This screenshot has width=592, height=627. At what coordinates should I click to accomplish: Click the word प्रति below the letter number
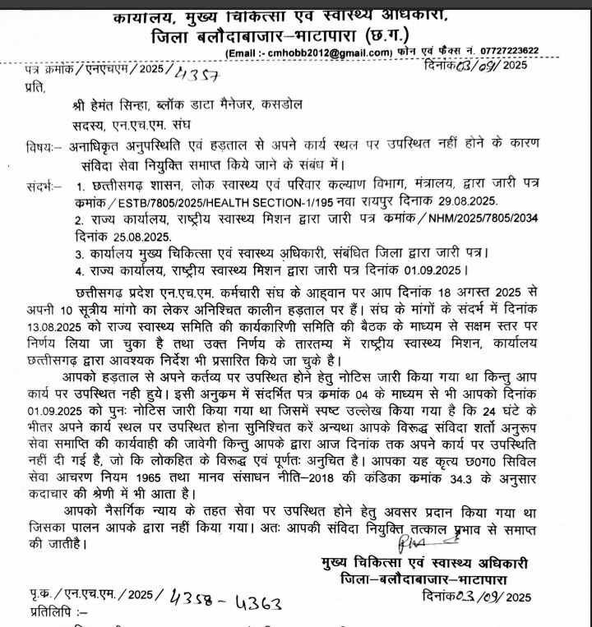pyautogui.click(x=35, y=85)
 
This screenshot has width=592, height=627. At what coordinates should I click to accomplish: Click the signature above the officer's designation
pyautogui.click(x=423, y=542)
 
